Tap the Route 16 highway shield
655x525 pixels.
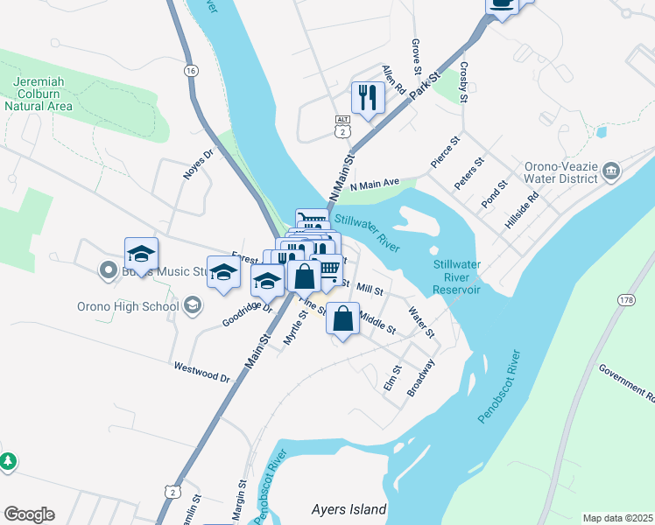pyautogui.click(x=191, y=70)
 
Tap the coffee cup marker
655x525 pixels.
pyautogui.click(x=502, y=4)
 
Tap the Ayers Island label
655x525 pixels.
pyautogui.click(x=349, y=508)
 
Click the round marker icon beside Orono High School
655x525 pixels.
pyautogui.click(x=191, y=305)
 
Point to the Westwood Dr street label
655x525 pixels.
pyautogui.click(x=201, y=372)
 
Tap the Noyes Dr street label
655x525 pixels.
pyautogui.click(x=198, y=164)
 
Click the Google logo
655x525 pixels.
pyautogui.click(x=29, y=514)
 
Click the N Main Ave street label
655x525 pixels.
pyautogui.click(x=374, y=184)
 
